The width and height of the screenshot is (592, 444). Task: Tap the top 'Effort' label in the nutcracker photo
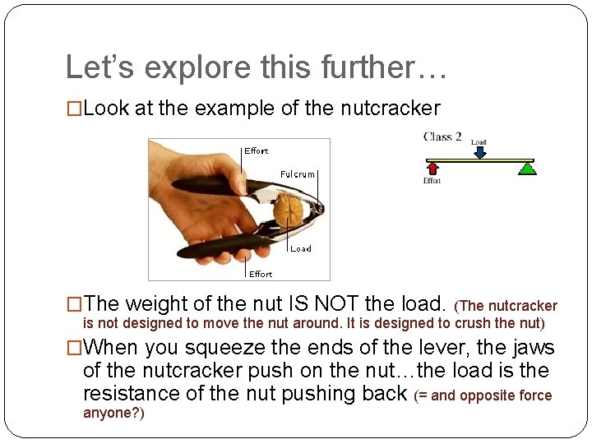click(257, 150)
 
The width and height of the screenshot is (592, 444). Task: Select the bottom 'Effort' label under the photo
click(261, 274)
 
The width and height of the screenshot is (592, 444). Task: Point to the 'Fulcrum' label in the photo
click(297, 174)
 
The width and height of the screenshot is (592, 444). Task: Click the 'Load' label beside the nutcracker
click(301, 248)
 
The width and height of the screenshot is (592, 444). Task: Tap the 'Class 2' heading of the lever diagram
click(442, 136)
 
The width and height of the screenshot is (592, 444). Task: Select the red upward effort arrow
click(432, 168)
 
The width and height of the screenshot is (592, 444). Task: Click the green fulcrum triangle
click(527, 169)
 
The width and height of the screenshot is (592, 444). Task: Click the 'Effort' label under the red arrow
click(432, 181)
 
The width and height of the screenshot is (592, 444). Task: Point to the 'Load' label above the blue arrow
click(479, 141)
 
